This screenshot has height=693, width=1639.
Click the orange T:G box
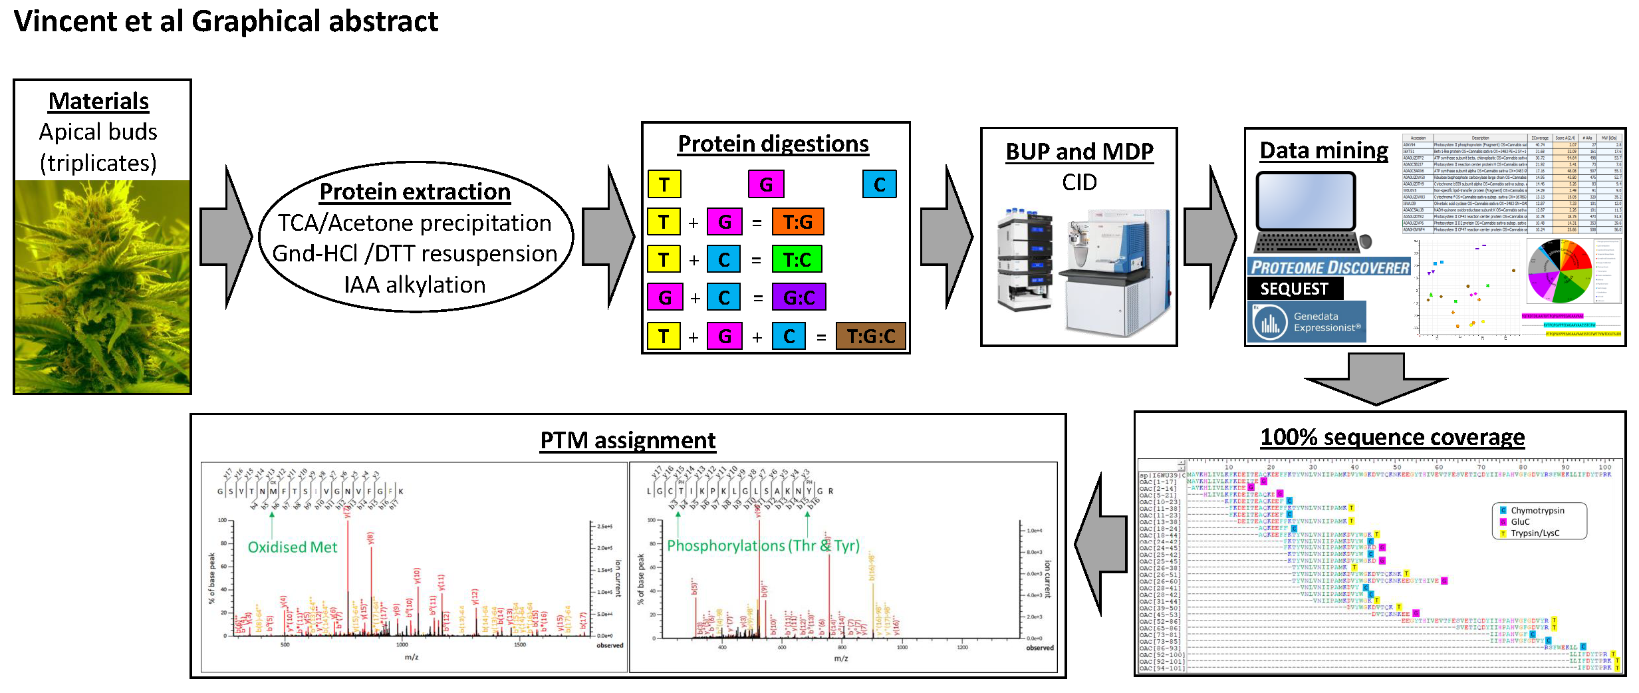pyautogui.click(x=797, y=222)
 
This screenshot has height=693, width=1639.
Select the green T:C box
pyautogui.click(x=797, y=259)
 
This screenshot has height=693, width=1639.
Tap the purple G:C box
pyautogui.click(x=799, y=297)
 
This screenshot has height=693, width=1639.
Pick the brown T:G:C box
pyautogui.click(x=870, y=337)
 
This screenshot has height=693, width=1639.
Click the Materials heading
pyautogui.click(x=98, y=102)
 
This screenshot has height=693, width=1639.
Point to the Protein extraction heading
pyautogui.click(x=415, y=192)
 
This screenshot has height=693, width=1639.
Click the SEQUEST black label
pyautogui.click(x=1294, y=289)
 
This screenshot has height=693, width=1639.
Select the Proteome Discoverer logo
pyautogui.click(x=1329, y=267)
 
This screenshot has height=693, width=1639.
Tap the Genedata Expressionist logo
pyautogui.click(x=1307, y=322)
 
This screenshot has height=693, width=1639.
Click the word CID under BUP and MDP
pyautogui.click(x=1079, y=182)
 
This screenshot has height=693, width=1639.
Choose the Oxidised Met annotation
pyautogui.click(x=293, y=547)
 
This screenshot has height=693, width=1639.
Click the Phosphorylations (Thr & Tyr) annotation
pyautogui.click(x=763, y=546)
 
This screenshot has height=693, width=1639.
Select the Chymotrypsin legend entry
pyautogui.click(x=1537, y=511)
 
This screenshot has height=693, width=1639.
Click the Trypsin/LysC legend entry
pyautogui.click(x=1535, y=533)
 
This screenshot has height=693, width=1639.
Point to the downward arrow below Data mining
pyautogui.click(x=1376, y=380)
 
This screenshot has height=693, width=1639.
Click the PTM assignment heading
pyautogui.click(x=628, y=440)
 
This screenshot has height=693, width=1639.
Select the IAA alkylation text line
pyautogui.click(x=415, y=285)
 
